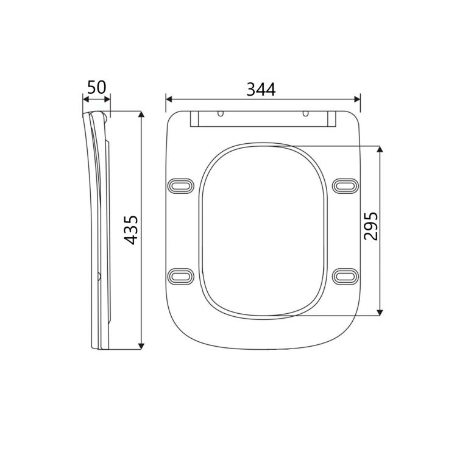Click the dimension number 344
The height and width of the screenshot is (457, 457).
pos(261,89)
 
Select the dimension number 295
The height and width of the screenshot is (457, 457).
pos(370,226)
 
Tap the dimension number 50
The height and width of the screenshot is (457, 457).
pos(96,87)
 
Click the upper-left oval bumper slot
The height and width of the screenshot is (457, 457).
pos(181,184)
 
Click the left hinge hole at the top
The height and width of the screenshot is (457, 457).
pos(221,114)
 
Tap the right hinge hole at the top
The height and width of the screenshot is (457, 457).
pos(304,114)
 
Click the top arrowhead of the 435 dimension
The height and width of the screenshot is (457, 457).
pos(141,115)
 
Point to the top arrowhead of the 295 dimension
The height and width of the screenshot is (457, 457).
pos(380,149)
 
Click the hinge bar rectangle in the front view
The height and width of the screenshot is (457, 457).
pos(263,119)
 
